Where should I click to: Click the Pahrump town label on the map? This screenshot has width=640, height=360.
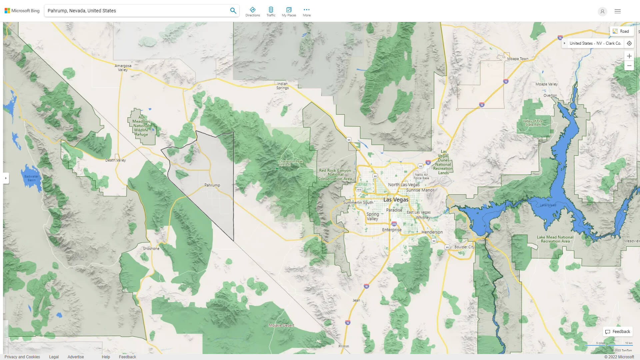(212, 185)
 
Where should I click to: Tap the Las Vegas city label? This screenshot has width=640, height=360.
(396, 200)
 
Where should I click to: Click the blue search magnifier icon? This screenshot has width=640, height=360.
(233, 11)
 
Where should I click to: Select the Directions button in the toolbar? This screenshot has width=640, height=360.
(252, 12)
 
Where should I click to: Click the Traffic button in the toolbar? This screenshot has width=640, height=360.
(271, 12)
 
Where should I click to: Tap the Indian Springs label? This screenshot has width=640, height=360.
(282, 86)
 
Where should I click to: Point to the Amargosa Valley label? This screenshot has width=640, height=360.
(123, 68)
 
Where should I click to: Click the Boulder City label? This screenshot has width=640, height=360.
(464, 247)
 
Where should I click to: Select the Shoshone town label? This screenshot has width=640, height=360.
(151, 249)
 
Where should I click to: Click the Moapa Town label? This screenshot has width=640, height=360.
(517, 59)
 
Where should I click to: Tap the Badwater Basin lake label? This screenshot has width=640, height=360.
(31, 178)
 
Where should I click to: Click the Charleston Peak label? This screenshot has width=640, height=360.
(291, 163)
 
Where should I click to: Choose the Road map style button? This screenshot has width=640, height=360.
(621, 31)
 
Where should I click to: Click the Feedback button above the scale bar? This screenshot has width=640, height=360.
(618, 332)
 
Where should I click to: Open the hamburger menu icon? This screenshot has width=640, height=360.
(617, 11)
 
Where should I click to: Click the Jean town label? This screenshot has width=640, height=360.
(356, 300)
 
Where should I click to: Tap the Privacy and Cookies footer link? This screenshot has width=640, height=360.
(22, 357)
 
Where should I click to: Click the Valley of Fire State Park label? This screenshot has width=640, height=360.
(533, 123)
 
